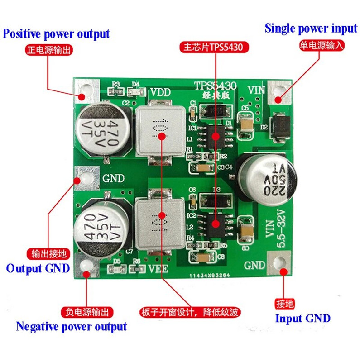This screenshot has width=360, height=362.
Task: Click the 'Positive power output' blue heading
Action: click(x=57, y=34)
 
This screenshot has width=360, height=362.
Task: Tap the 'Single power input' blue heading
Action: click(x=311, y=29)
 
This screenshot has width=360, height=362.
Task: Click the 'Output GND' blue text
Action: click(x=38, y=268)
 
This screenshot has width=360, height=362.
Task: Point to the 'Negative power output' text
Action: click(x=71, y=326)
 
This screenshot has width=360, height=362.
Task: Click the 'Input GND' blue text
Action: click(x=302, y=318)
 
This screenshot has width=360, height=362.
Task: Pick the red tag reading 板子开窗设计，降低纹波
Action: click(x=190, y=312)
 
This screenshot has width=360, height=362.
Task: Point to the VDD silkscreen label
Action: click(x=161, y=92)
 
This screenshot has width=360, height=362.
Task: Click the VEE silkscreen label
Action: click(x=158, y=270)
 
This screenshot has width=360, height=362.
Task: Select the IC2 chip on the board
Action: click(x=216, y=223)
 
